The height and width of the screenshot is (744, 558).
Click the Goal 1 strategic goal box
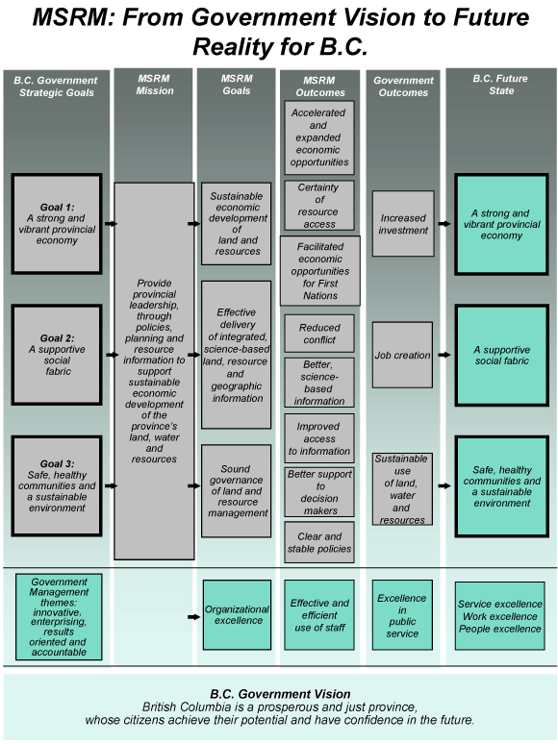point(57,224)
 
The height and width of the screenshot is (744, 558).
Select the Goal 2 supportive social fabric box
point(57,355)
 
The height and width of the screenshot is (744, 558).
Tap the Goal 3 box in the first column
point(57,485)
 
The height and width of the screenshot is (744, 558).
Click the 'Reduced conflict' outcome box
point(319,334)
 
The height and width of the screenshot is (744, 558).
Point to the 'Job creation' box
point(403,355)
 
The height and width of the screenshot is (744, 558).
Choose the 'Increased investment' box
point(403,224)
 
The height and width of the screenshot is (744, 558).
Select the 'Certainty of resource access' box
point(319,206)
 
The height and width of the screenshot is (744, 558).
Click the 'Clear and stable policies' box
point(319,542)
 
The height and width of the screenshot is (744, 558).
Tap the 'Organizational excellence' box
point(237,615)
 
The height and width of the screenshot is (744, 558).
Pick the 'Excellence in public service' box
point(402,615)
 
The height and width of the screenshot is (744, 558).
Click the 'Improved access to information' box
point(319,439)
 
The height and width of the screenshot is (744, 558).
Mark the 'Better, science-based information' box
point(319,383)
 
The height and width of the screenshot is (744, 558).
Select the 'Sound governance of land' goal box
point(236,491)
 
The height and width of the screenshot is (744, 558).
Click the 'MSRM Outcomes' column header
point(319,87)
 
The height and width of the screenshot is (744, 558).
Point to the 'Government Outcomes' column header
point(403,87)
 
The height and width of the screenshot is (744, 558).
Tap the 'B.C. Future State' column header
point(501,85)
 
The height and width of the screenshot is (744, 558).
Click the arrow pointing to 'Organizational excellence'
point(193,617)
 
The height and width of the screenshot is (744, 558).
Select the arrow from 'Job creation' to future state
point(444,355)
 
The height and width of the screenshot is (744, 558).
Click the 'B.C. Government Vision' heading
point(280,694)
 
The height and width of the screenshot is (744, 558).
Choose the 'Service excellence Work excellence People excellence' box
point(499,616)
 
